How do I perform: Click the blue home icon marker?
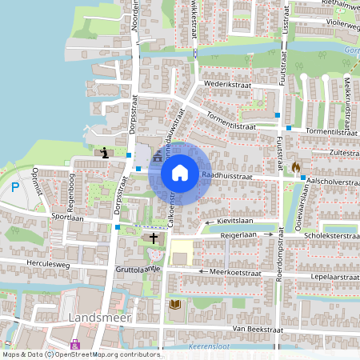tap(180, 172)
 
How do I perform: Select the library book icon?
tap(174, 304)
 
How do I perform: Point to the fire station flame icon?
tap(296, 166)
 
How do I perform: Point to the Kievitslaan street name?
tap(236, 220)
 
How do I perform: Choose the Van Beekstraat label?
tap(254, 329)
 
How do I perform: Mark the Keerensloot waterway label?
tap(216, 346)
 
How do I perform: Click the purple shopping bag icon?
tap(75, 344)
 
